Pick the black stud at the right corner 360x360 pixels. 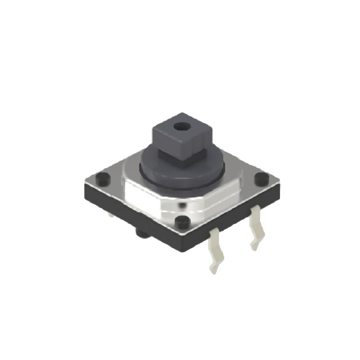pos(261,179)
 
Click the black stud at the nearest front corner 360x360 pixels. pos(182,222)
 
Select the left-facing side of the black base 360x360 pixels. pos(130,211)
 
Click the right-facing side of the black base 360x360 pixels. pos(234,216)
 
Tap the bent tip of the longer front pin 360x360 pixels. pos(214,269)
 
